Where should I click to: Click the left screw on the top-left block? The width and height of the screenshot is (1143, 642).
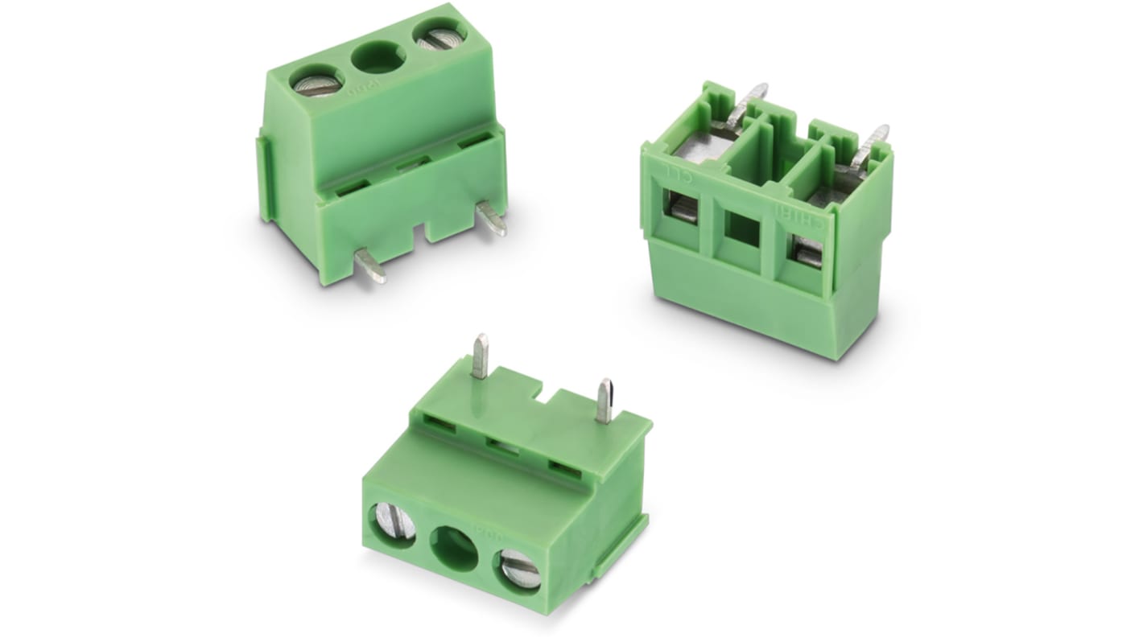pyautogui.click(x=316, y=82)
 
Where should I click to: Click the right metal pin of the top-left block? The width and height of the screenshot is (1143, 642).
pyautogui.click(x=491, y=218)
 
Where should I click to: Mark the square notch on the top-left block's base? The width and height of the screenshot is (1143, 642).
pyautogui.click(x=419, y=233)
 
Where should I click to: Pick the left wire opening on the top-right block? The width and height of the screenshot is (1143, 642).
pyautogui.click(x=683, y=208)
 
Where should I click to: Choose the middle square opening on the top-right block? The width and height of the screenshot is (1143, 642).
pyautogui.click(x=742, y=230)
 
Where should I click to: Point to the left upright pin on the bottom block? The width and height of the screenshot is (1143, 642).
pyautogui.click(x=480, y=356)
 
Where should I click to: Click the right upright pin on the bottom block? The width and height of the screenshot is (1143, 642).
pyautogui.click(x=605, y=401)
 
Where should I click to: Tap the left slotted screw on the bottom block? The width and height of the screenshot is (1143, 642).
pyautogui.click(x=394, y=523)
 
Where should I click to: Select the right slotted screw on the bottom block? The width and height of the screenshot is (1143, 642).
pyautogui.click(x=519, y=572)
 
